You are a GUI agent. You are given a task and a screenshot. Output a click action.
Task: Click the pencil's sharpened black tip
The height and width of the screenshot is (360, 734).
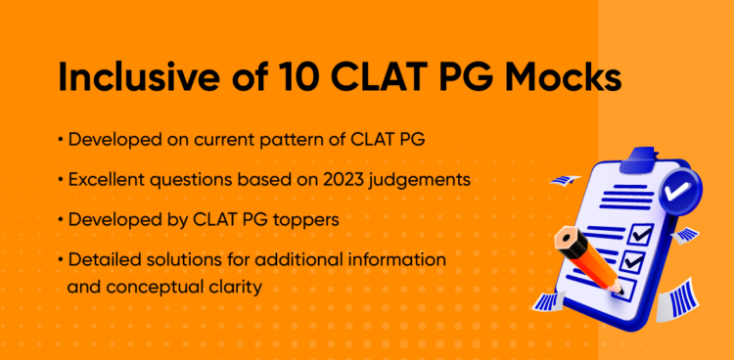pyautogui.click(x=618, y=289)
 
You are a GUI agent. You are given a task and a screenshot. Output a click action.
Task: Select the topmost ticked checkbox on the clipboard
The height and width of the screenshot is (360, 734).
pyautogui.click(x=640, y=235)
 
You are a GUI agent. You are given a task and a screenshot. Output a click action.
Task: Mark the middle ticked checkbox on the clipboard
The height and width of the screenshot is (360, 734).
pyautogui.click(x=632, y=262)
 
